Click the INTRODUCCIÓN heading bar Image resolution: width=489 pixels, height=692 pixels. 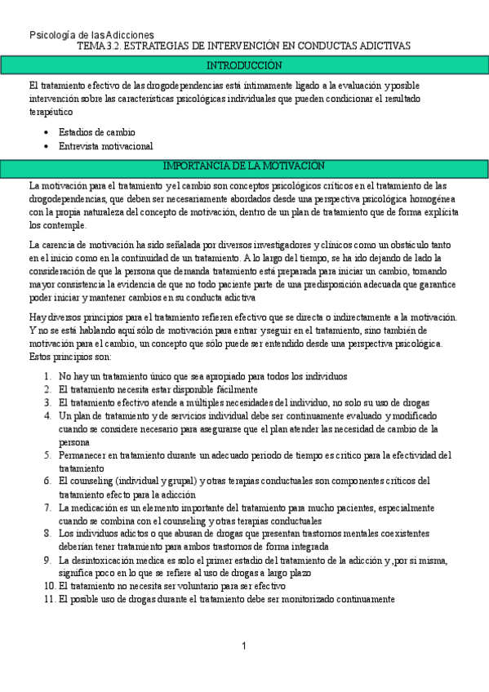pyautogui.click(x=244, y=65)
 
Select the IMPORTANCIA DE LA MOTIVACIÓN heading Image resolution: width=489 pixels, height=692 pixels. pyautogui.click(x=244, y=166)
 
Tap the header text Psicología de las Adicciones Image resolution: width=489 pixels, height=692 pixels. pyautogui.click(x=91, y=35)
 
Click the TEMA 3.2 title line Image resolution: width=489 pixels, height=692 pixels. pyautogui.click(x=244, y=47)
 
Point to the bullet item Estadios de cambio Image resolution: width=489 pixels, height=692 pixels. pyautogui.click(x=97, y=132)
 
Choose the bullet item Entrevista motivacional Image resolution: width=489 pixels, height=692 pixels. pyautogui.click(x=105, y=146)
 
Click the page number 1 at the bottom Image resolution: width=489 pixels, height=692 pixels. pyautogui.click(x=243, y=646)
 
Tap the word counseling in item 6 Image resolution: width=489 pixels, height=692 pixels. pyautogui.click(x=92, y=481)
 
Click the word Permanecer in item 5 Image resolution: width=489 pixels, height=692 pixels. pyautogui.click(x=84, y=455)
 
